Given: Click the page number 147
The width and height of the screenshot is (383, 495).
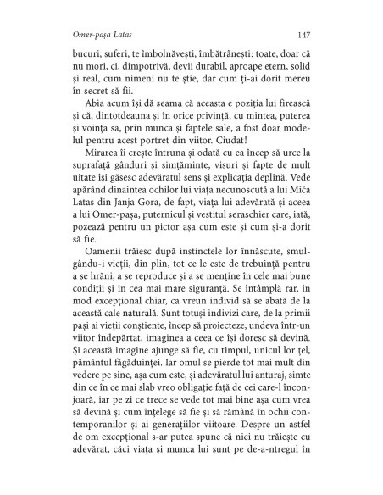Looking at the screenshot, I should coord(308,35).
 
